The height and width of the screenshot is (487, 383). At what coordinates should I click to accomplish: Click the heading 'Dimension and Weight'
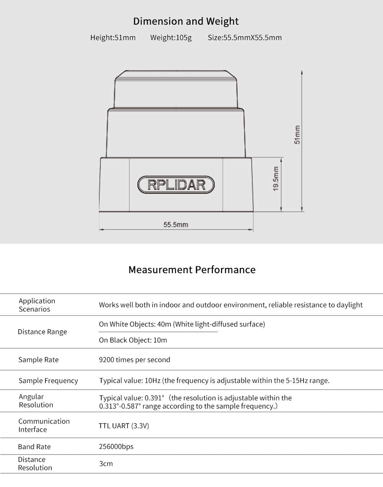pos(186,21)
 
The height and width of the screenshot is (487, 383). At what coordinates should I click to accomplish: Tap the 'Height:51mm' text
pos(113,37)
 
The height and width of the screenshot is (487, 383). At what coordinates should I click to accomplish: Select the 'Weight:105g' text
pos(171,37)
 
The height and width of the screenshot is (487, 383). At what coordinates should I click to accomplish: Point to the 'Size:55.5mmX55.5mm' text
pos(244,37)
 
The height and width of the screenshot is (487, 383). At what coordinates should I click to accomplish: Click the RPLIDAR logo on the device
pos(176,185)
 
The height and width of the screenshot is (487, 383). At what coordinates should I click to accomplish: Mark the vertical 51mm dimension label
pos(297,135)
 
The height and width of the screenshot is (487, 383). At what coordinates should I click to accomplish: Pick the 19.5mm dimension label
pos(275,179)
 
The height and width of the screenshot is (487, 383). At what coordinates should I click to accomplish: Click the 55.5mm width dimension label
pos(176,225)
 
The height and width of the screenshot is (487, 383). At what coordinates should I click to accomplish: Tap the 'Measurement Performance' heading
pos(191,270)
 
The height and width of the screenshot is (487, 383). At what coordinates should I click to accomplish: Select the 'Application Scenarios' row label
pos(37,305)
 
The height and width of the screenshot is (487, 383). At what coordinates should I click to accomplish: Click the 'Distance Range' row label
pos(42,332)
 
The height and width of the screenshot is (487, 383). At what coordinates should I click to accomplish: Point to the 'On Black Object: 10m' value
pos(133,340)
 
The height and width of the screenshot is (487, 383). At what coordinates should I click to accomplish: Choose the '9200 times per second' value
pos(134,360)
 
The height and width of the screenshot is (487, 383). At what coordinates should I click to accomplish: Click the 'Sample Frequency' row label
pos(48,381)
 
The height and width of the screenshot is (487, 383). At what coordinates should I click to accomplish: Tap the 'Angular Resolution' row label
pos(36,401)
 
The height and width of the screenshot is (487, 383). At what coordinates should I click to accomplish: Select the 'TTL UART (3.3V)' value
pos(124,426)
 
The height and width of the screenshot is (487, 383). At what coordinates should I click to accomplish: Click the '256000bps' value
pos(116,446)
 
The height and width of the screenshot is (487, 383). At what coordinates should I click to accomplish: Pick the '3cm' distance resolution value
pos(106,464)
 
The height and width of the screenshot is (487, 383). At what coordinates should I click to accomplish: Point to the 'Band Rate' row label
pos(34,446)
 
